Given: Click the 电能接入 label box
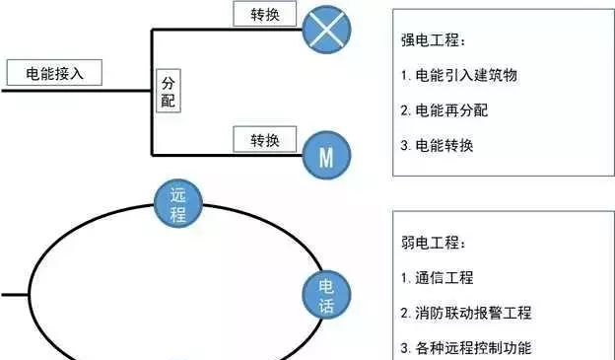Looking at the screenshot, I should click(x=53, y=72).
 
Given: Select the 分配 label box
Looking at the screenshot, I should click(x=168, y=91).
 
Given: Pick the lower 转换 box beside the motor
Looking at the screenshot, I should click(x=262, y=139).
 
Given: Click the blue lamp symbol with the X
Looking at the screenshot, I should click(x=327, y=29).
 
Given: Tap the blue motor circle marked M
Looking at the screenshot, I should click(x=326, y=154).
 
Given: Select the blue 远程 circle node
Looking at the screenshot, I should click(x=178, y=205).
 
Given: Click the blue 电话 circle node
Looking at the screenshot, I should click(x=326, y=296).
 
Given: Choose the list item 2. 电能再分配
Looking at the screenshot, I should click(x=444, y=110).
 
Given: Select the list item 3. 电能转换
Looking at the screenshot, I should click(x=438, y=145).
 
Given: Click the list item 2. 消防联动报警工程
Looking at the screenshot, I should click(x=466, y=313).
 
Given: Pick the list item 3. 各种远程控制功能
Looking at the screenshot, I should click(x=466, y=347).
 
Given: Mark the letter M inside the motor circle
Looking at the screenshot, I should click(x=326, y=155).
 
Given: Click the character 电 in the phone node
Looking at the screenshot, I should click(x=326, y=286).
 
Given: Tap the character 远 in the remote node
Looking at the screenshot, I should click(x=178, y=195).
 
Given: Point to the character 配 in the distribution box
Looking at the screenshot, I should click(x=168, y=100).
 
